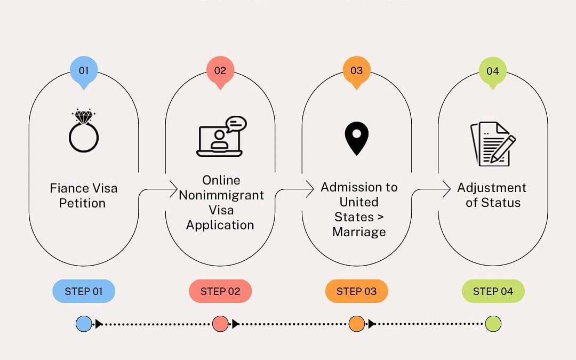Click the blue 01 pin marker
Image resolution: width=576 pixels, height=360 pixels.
[84, 70]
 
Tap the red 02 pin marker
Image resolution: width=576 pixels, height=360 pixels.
[220, 70]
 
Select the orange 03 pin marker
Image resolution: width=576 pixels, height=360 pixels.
[356, 70]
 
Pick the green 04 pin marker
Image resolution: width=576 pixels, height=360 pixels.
[493, 70]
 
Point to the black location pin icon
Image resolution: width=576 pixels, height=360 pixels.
[356, 138]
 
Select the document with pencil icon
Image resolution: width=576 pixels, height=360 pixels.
[493, 143]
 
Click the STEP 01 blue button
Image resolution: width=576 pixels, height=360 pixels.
[84, 291]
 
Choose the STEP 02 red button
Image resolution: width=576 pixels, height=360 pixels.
[220, 291]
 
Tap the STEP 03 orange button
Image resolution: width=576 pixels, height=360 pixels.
[356, 291]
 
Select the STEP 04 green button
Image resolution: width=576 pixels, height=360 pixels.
[493, 291]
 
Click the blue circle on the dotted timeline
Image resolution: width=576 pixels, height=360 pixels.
[84, 324]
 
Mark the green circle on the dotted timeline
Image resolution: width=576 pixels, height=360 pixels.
[493, 324]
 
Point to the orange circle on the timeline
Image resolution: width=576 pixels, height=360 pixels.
[356, 324]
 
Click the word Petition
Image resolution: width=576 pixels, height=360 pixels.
[82, 203]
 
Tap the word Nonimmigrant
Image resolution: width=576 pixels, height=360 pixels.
[221, 195]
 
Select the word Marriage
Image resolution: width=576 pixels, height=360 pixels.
[359, 232]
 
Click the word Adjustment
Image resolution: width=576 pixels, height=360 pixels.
[492, 188]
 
